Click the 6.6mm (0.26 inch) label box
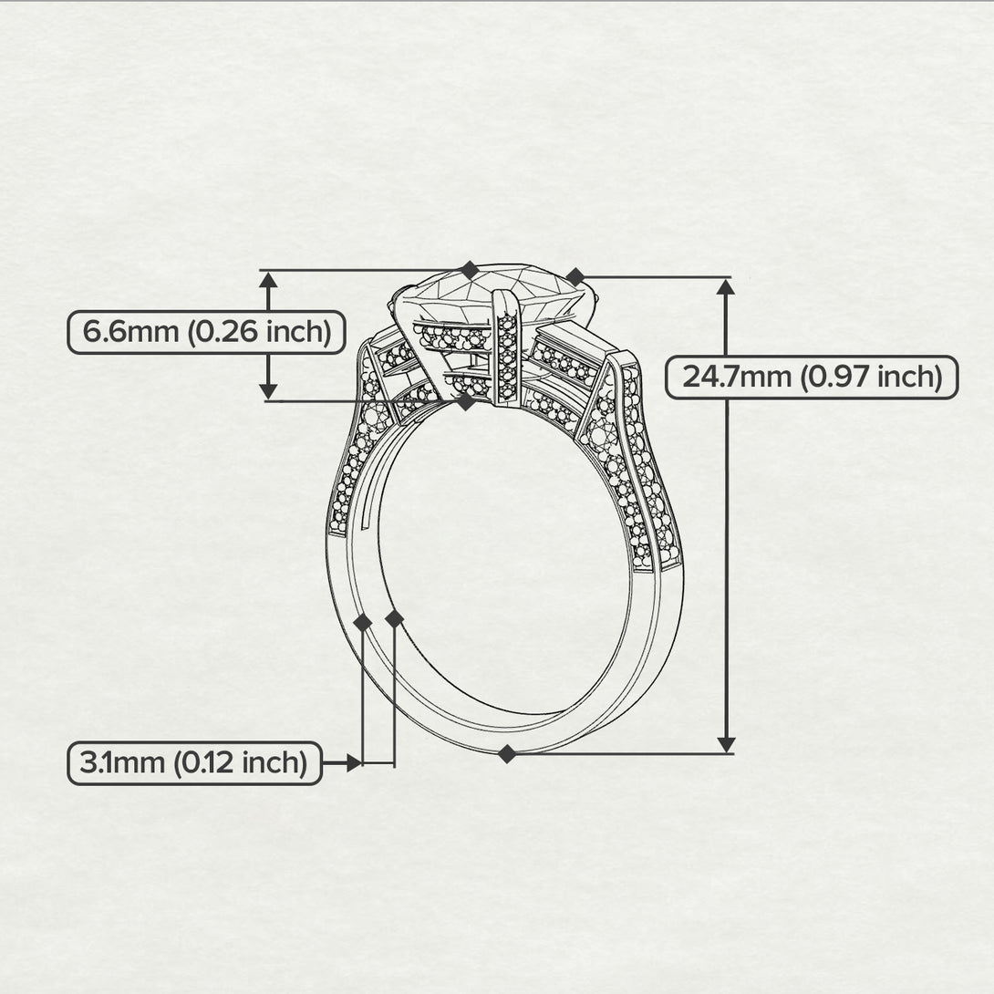pos(207,332)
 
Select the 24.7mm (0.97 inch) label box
pos(812,378)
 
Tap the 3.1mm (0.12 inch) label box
pos(194,762)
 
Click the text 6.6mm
pos(130,332)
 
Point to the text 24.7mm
pos(737,378)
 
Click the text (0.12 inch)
pos(240,762)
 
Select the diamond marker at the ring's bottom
pos(506,754)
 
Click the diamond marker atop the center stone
pos(469,270)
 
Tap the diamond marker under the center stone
pos(467,401)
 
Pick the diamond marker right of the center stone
pos(575,277)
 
